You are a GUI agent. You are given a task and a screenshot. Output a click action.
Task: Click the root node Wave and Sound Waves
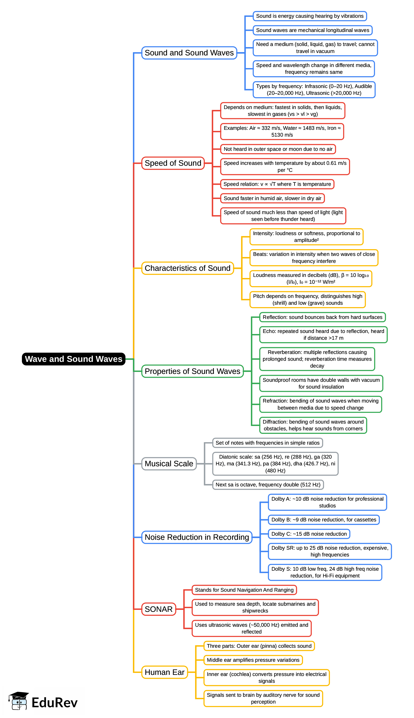pyautogui.click(x=73, y=359)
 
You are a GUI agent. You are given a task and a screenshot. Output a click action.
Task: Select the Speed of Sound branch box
pyautogui.click(x=173, y=163)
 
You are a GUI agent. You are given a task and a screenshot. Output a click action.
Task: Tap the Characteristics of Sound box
pyautogui.click(x=187, y=268)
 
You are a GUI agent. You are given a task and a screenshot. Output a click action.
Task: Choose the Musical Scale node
pyautogui.click(x=169, y=464)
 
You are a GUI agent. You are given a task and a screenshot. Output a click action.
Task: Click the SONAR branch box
pyautogui.click(x=159, y=609)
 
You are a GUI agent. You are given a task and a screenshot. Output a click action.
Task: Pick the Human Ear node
pyautogui.click(x=165, y=672)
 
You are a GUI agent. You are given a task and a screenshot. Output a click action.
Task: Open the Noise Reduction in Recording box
pyautogui.click(x=197, y=537)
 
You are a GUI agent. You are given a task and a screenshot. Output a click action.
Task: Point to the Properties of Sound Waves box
pyautogui.click(x=192, y=371)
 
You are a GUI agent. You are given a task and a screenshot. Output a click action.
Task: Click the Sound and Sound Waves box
pyautogui.click(x=189, y=53)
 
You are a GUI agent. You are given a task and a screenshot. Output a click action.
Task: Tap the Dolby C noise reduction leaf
pyautogui.click(x=309, y=534)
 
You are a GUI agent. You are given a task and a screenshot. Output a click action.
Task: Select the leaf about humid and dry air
pyautogui.click(x=272, y=198)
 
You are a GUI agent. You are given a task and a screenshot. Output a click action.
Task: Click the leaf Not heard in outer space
pyautogui.click(x=278, y=149)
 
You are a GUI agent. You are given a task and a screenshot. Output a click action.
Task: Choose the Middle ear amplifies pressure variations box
pyautogui.click(x=253, y=660)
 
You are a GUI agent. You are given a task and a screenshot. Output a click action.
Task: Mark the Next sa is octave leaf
pyautogui.click(x=268, y=485)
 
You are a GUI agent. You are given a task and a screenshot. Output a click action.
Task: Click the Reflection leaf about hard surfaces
pyautogui.click(x=322, y=317)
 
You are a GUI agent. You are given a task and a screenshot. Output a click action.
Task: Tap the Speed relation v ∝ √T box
pyautogui.click(x=277, y=184)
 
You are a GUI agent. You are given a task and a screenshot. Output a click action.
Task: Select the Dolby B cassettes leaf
pyautogui.click(x=324, y=520)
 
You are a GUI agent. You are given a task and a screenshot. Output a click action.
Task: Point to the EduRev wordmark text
pyautogui.click(x=55, y=703)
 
